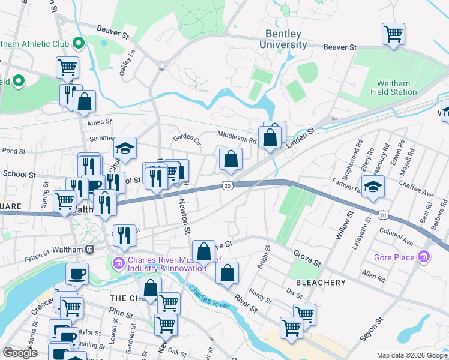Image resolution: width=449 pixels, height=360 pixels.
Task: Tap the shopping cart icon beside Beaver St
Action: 393,34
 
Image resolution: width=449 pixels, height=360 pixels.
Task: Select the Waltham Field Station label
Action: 396,88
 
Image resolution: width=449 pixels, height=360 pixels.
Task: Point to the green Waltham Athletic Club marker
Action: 78,43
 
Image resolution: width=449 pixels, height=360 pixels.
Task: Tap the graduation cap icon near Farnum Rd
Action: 373,187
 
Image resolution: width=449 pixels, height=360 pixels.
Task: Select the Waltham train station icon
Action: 90,249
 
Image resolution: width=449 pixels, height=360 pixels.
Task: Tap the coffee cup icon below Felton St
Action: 77,274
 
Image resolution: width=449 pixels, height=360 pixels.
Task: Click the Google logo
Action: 20,353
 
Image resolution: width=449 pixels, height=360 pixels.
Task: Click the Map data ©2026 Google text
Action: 411,355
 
